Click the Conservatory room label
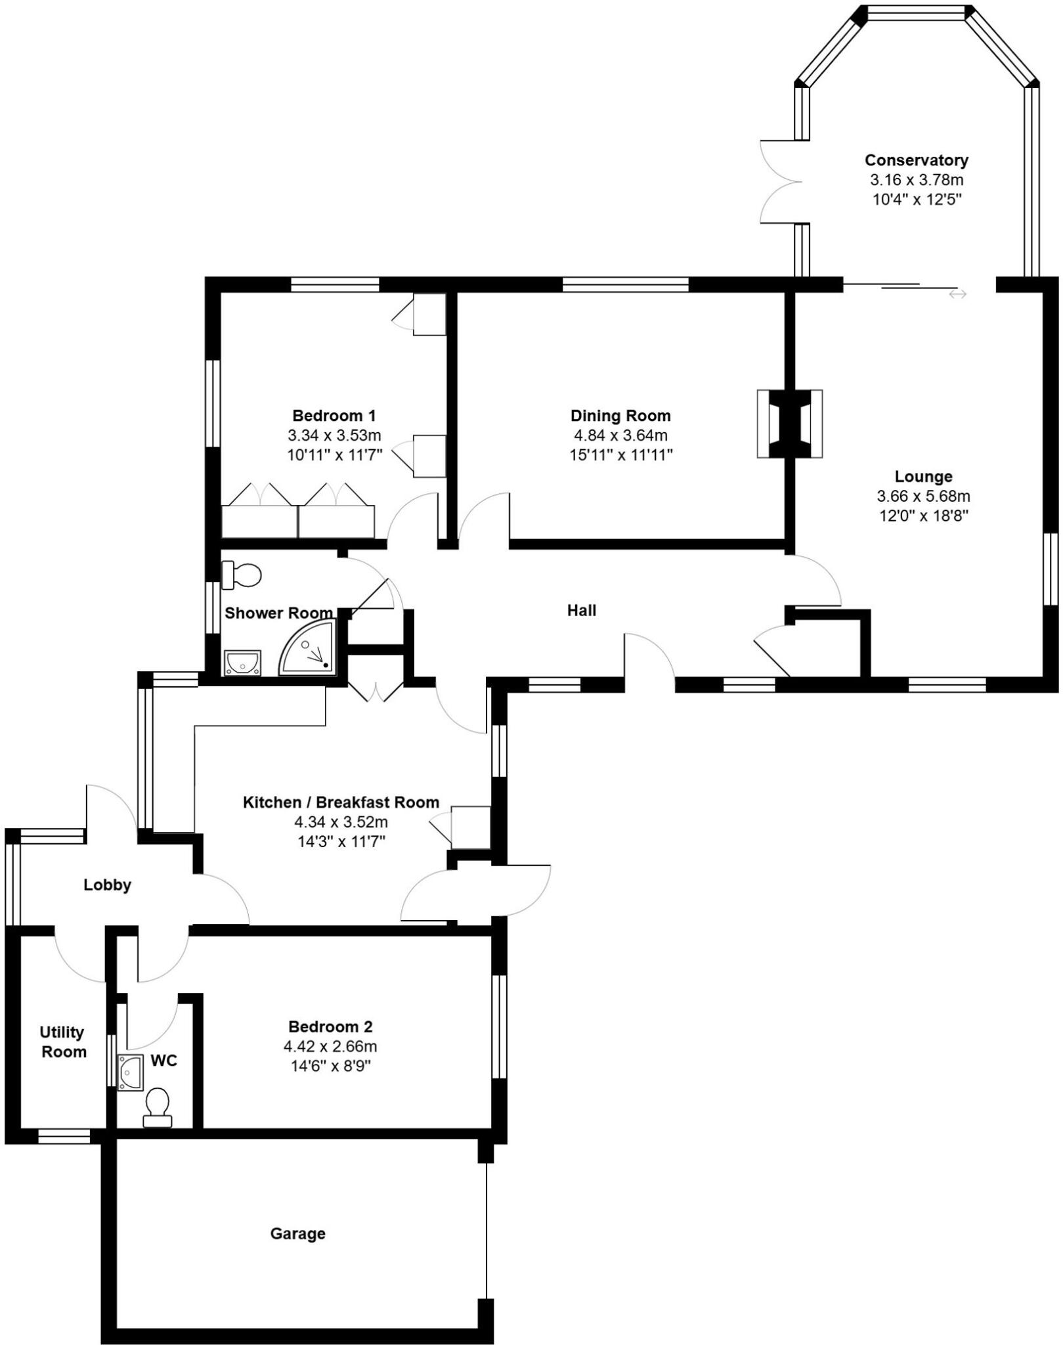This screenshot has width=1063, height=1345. [916, 160]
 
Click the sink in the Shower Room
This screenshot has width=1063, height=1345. [242, 663]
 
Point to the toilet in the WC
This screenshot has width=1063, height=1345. [158, 1107]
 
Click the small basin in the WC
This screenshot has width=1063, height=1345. [130, 1072]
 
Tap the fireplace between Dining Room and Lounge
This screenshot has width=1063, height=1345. [789, 424]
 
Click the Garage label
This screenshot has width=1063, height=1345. [297, 1233]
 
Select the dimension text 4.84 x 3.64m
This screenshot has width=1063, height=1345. [619, 435]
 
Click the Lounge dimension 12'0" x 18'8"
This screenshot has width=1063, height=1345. [924, 516]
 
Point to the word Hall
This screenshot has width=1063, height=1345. [581, 611]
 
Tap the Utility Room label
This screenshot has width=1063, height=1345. [63, 1042]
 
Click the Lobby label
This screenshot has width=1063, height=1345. [107, 885]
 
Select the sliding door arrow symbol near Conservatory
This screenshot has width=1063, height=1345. [957, 294]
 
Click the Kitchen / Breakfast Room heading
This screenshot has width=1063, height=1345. [341, 802]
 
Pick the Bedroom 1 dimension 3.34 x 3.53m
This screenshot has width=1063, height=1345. [334, 435]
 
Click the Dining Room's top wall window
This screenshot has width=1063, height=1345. [625, 284]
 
